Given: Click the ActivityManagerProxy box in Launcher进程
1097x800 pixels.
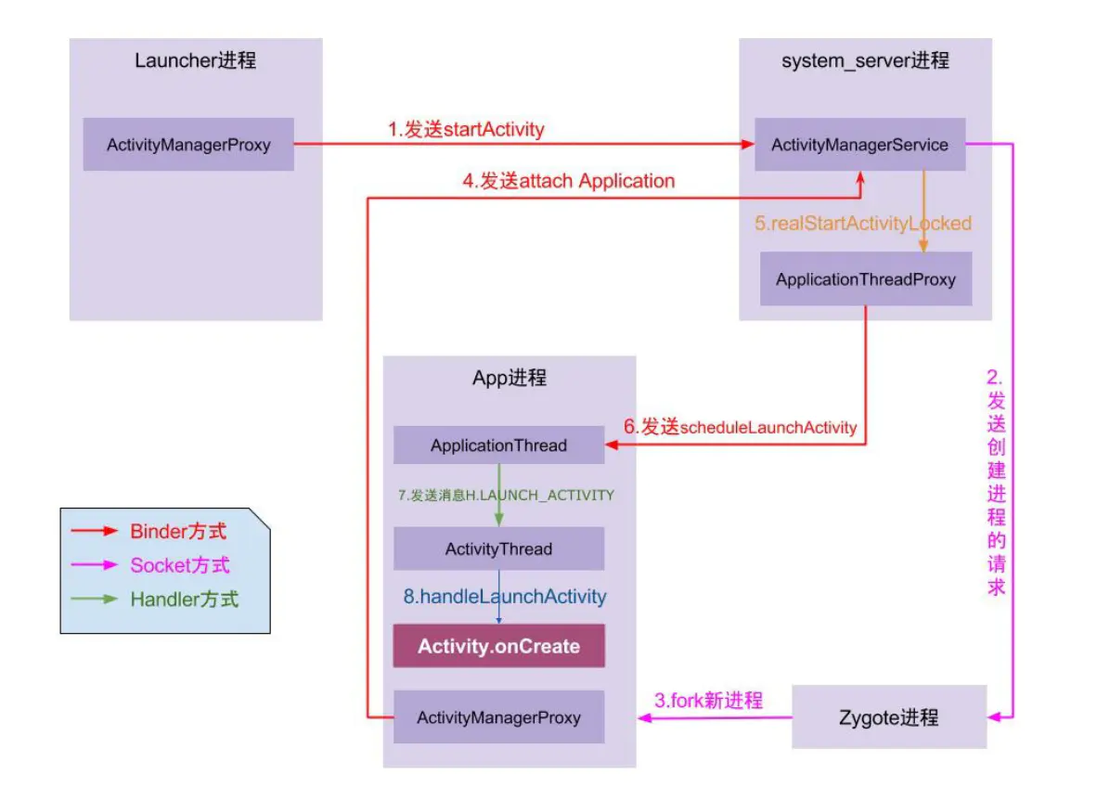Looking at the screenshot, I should (x=188, y=144).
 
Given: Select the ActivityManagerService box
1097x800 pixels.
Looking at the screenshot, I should (x=859, y=144).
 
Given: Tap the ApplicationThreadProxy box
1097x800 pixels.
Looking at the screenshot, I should (x=865, y=278).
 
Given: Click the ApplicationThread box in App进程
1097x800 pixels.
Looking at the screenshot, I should (x=498, y=445).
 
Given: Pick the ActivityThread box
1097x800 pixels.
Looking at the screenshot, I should (x=498, y=548).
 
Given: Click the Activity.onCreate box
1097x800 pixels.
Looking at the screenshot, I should (x=498, y=646).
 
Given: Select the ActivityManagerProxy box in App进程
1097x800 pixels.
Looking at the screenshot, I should (x=498, y=716).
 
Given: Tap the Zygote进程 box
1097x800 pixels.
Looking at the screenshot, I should (x=888, y=716).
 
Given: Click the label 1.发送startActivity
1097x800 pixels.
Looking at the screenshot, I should (x=466, y=129).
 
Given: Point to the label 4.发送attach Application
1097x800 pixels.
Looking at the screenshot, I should (x=568, y=181).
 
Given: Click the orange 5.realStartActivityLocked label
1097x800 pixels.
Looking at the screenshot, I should (x=862, y=223).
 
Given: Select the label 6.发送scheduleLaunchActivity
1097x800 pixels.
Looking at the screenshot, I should (x=739, y=427).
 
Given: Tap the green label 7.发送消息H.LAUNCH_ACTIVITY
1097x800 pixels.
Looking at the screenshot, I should (x=506, y=495).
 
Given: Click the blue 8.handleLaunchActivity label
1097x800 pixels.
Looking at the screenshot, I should (x=504, y=597).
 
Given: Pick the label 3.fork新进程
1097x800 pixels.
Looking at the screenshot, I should (x=708, y=700).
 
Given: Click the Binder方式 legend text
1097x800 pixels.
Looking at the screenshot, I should (x=178, y=532).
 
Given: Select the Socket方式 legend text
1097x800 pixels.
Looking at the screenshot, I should (x=179, y=565).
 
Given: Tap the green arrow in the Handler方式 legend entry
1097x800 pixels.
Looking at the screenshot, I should (x=95, y=599).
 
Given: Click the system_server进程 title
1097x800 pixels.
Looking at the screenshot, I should (x=865, y=61).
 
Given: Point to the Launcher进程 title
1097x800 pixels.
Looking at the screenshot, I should (x=195, y=61).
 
